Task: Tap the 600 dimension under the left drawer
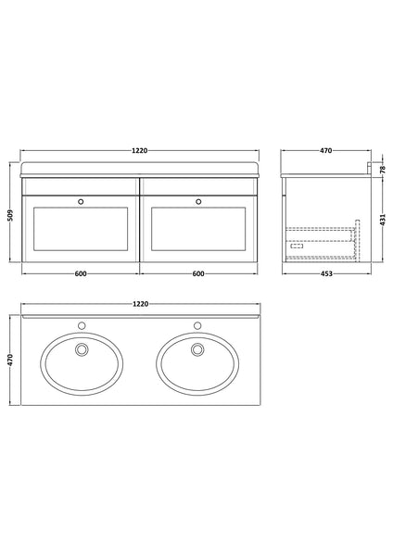pyautogui.click(x=81, y=273)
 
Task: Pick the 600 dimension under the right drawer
pyautogui.click(x=199, y=273)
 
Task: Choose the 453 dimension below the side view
pyautogui.click(x=319, y=273)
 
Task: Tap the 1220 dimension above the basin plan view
pyautogui.click(x=140, y=303)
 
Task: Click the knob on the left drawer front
pyautogui.click(x=82, y=199)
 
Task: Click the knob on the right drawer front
pyautogui.click(x=198, y=199)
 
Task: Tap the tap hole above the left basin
pyautogui.click(x=82, y=326)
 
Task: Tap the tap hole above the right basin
pyautogui.click(x=197, y=326)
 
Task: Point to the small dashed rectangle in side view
pyautogui.click(x=298, y=245)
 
